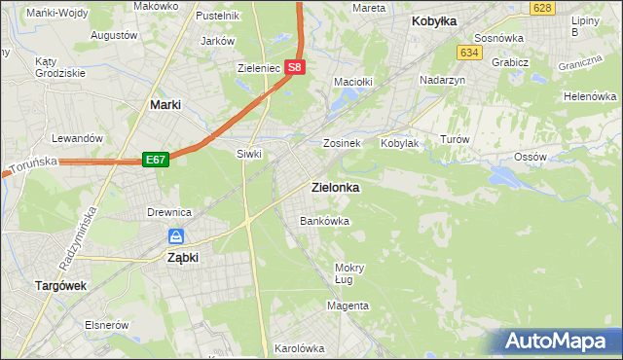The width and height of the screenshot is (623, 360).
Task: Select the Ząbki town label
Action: [183, 258]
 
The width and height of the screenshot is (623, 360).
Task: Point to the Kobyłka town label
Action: [434, 20]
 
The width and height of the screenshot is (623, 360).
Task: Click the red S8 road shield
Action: [297, 68]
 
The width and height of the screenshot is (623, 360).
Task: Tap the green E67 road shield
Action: [156, 159]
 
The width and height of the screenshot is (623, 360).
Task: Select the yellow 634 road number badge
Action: [470, 52]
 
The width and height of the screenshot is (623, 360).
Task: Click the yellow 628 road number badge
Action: [543, 8]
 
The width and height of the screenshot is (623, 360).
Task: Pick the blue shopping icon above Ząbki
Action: [176, 236]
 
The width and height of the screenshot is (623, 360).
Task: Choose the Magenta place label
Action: [348, 306]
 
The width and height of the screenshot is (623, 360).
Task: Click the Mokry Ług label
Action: [348, 273]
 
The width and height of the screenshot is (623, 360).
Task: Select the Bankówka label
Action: [324, 221]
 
